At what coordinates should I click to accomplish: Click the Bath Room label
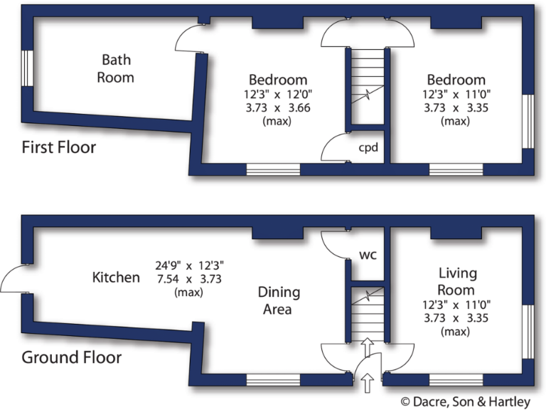[116, 68]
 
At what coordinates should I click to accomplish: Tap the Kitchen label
[116, 277]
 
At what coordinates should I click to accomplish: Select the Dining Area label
[279, 300]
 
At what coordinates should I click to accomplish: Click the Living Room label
[457, 281]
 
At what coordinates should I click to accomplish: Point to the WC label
[368, 254]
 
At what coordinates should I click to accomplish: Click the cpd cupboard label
[368, 148]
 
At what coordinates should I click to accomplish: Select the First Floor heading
[58, 148]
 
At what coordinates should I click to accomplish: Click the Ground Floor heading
[71, 357]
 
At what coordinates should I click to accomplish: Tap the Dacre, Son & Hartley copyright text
[466, 401]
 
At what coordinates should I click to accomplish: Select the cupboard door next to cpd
[335, 150]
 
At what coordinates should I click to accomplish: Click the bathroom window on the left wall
[26, 68]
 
